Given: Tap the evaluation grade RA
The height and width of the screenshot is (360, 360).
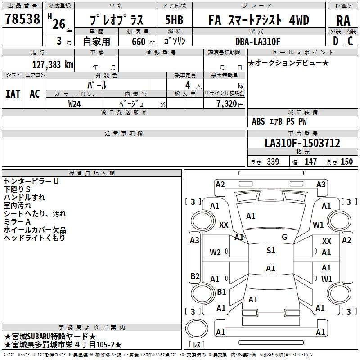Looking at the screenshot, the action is click(343, 20).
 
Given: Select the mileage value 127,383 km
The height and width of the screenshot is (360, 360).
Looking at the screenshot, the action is click(53, 64).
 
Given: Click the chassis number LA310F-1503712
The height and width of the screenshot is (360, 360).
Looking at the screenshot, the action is click(302, 144).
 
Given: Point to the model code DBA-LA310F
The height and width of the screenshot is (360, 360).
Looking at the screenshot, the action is click(257, 42).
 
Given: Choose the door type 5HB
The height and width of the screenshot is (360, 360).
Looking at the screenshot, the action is click(174, 20).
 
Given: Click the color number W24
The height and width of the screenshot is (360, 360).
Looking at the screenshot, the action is click(75, 103).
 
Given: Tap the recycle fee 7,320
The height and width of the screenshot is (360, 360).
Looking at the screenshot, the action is click(227, 103).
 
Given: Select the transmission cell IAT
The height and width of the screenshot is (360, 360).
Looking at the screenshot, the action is click(13, 94).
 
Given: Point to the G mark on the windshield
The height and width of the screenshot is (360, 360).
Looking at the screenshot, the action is click(284, 237).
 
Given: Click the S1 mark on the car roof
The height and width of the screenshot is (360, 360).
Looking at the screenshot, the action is click(270, 251).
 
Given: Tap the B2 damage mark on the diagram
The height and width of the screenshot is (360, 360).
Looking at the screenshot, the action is click(195, 276).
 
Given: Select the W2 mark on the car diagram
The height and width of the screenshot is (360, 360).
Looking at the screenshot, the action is click(215, 252).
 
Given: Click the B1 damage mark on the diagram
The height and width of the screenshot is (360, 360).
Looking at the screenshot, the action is click(221, 292).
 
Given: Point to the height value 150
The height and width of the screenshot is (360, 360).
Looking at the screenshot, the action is click(346, 162).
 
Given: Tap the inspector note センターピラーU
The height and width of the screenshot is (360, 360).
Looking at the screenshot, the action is click(31, 181).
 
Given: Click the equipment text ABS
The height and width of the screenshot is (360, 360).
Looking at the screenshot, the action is click(258, 121).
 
